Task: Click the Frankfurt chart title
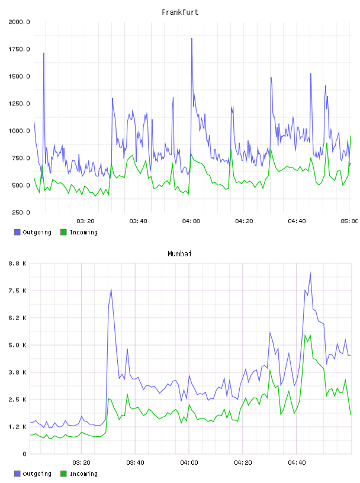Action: pyautogui.click(x=180, y=12)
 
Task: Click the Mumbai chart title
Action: pyautogui.click(x=179, y=254)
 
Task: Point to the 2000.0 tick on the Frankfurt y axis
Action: pyautogui.click(x=19, y=22)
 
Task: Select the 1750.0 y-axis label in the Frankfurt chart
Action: pyautogui.click(x=19, y=49)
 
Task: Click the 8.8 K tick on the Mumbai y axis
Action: pyautogui.click(x=17, y=263)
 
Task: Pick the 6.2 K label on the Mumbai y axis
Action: pyautogui.click(x=17, y=318)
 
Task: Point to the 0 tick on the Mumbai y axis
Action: pyautogui.click(x=24, y=454)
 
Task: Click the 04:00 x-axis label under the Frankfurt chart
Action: pyautogui.click(x=191, y=221)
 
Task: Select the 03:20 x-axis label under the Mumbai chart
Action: pyautogui.click(x=81, y=463)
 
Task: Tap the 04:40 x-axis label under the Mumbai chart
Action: pyautogui.click(x=297, y=463)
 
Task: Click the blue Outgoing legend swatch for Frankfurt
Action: pyautogui.click(x=17, y=232)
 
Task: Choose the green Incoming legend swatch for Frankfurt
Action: pyautogui.click(x=63, y=232)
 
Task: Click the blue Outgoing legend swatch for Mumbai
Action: pyautogui.click(x=17, y=474)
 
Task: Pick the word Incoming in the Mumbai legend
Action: pyautogui.click(x=83, y=474)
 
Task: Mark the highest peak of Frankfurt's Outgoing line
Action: pyautogui.click(x=192, y=38)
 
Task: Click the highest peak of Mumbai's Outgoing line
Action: pyautogui.click(x=310, y=273)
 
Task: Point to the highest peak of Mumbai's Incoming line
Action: pyautogui.click(x=305, y=335)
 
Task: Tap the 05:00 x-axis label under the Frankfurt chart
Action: pyautogui.click(x=349, y=221)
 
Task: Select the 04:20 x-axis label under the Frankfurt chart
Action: pyautogui.click(x=244, y=221)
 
